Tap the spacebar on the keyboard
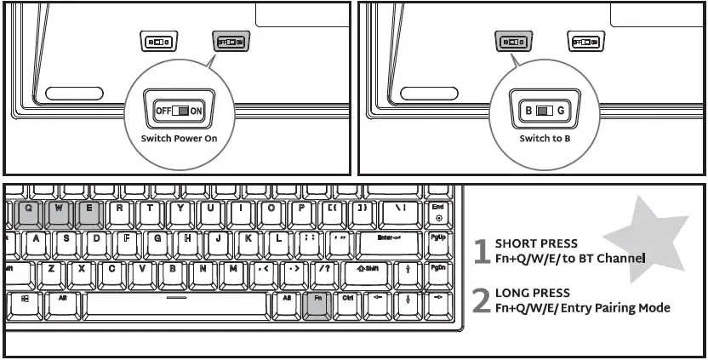click(176, 302)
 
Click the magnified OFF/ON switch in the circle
click(178, 111)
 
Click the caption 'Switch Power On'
click(178, 138)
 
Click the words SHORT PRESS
click(536, 243)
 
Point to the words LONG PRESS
click(533, 293)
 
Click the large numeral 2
click(482, 300)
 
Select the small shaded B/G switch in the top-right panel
click(511, 41)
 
